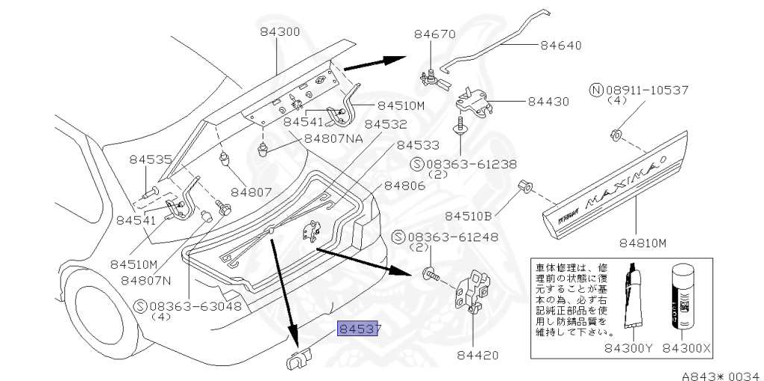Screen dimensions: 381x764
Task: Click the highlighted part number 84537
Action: [x=360, y=329]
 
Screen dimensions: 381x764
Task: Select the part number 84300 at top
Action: [x=280, y=33]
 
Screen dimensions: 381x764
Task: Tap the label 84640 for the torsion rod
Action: [x=560, y=45]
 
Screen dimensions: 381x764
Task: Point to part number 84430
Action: [x=548, y=102]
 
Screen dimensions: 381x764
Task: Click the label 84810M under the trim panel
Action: [x=639, y=242]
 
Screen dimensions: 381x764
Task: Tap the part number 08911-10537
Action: [x=645, y=90]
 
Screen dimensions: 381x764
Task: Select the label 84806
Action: [x=405, y=186]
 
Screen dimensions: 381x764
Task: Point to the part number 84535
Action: [x=150, y=159]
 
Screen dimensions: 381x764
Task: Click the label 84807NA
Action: [x=334, y=139]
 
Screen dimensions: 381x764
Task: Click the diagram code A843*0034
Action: [x=720, y=374]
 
